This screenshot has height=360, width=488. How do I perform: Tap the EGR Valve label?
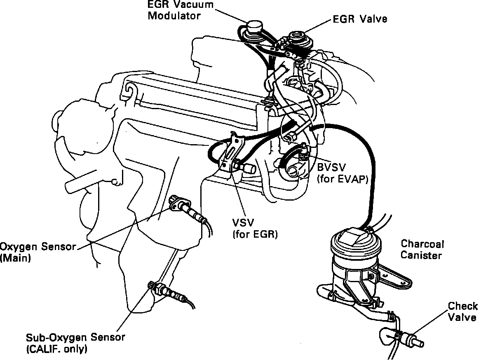[x=360, y=19]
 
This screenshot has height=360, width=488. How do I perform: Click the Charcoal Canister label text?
[x=422, y=250]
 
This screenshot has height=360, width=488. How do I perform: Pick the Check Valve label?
[x=462, y=312]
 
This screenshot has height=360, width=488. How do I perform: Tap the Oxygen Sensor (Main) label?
[x=38, y=252]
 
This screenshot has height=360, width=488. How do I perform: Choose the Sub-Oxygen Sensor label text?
[x=75, y=337]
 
